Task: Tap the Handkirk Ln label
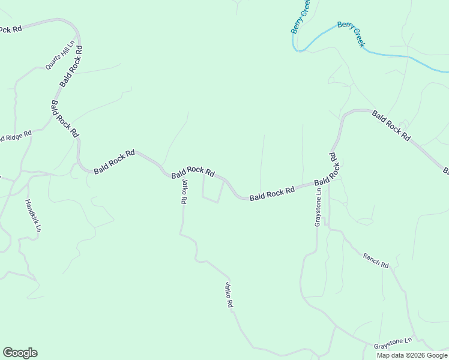(33, 215)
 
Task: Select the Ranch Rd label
(376, 260)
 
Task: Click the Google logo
(20, 353)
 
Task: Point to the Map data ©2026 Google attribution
(412, 355)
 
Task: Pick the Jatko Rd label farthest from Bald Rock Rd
(229, 295)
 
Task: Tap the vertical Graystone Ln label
(318, 207)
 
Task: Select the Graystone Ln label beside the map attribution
(393, 343)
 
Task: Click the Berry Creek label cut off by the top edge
(300, 16)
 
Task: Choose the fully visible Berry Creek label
(351, 34)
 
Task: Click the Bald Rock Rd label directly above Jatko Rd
(193, 173)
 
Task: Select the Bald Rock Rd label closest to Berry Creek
(391, 125)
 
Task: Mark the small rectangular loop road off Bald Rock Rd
(212, 190)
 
